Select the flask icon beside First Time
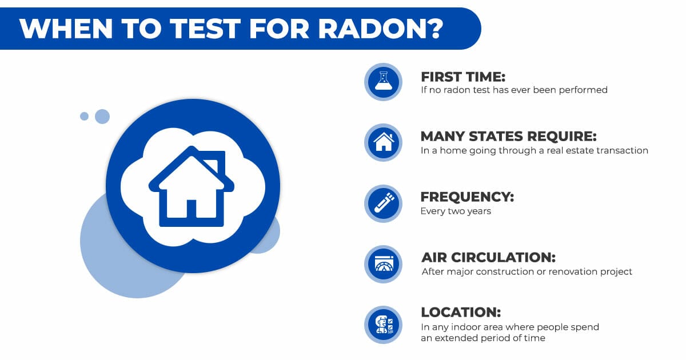coord(383,82)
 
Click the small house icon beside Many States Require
coord(383,142)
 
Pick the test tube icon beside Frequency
coord(383,203)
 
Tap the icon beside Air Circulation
coord(383,263)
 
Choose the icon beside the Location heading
coord(383,324)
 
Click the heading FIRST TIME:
coord(463,76)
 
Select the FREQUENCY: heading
coord(467,197)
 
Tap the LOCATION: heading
coord(460,312)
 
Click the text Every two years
coord(456,211)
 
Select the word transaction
coord(622,151)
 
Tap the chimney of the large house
coord(211,161)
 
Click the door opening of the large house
coord(192,209)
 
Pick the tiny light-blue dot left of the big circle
coord(84,117)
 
